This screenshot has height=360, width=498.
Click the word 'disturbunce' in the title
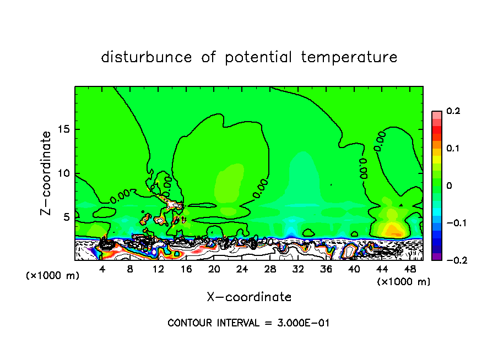coord(146,57)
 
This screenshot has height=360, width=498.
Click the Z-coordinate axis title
coord(47,173)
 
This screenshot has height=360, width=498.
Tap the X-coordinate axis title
coord(249,297)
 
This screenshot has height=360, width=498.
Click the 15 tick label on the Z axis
coord(64,130)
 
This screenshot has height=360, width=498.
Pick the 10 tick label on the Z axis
coord(64,173)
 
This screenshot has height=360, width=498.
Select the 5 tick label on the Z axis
coord(67,217)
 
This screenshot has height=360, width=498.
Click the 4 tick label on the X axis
coord(102,270)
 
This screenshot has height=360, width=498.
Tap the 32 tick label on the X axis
coord(298,270)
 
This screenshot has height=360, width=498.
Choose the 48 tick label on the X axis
coord(409,270)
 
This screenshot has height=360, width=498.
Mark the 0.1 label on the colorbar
coord(453,149)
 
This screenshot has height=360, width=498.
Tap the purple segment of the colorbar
coord(436,256)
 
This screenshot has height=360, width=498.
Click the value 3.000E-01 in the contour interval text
coord(304,323)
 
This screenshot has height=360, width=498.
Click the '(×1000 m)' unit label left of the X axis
coord(53,276)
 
